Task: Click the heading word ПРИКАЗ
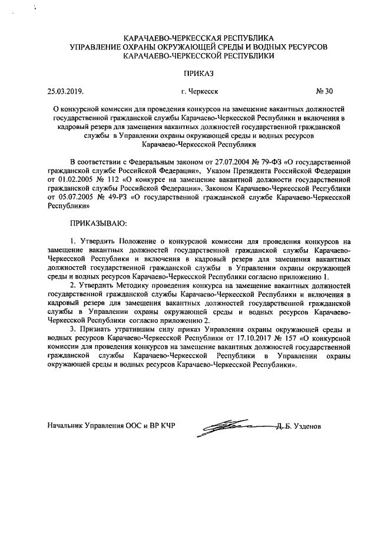pyautogui.click(x=197, y=73)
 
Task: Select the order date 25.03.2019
pyautogui.click(x=65, y=91)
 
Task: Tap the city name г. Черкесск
pyautogui.click(x=200, y=91)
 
